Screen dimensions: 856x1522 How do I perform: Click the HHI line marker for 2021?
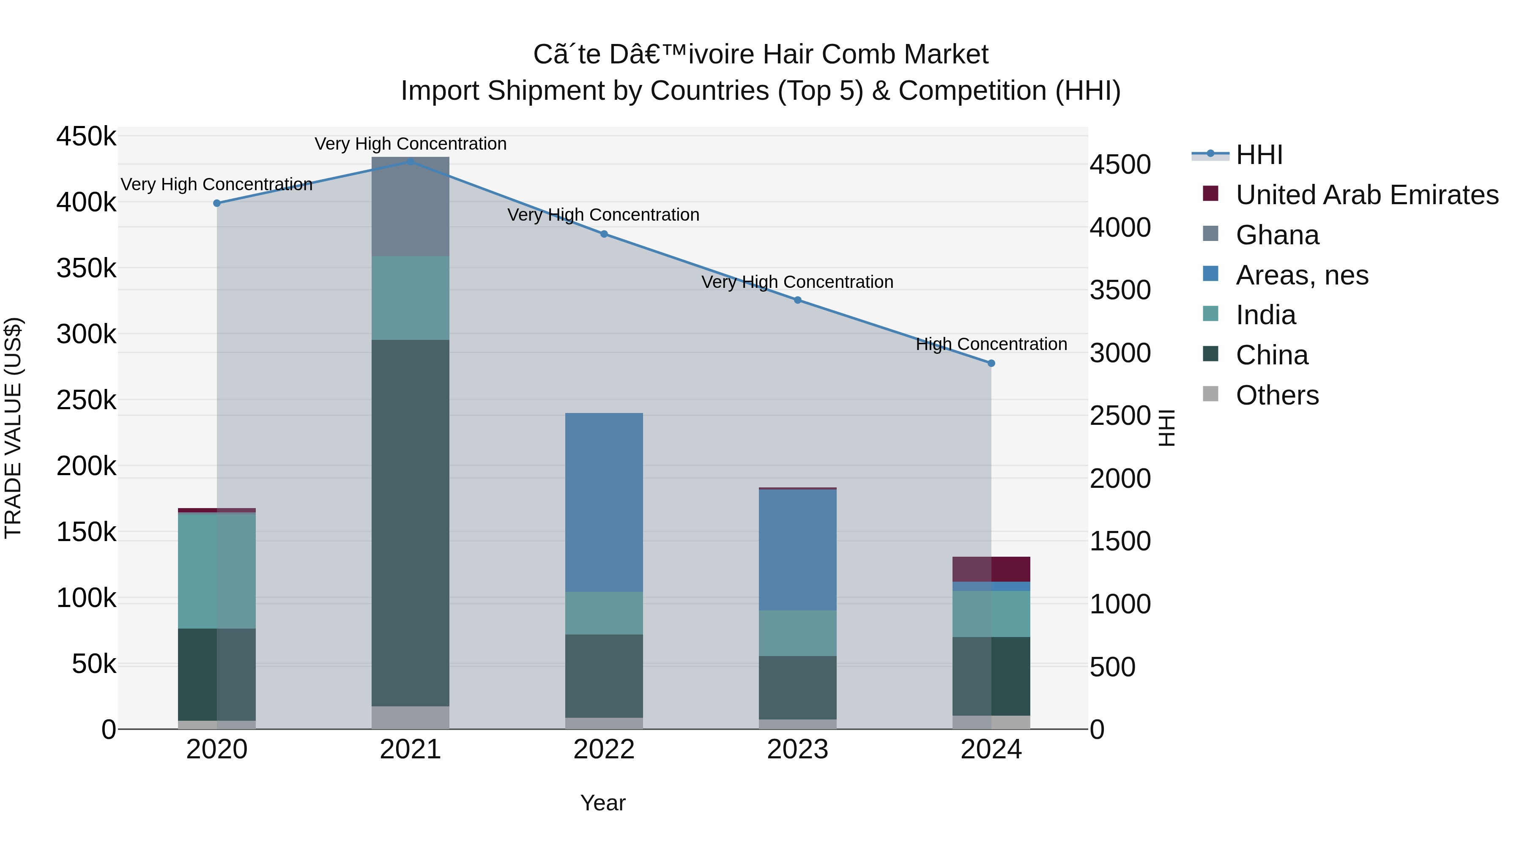click(x=410, y=161)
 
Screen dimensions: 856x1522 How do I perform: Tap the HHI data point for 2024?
click(x=991, y=363)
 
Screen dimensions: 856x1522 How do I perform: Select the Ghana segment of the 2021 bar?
click(x=410, y=207)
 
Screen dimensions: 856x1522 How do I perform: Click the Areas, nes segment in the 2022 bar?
click(x=604, y=502)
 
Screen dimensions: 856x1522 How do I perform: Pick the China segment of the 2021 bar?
click(x=410, y=523)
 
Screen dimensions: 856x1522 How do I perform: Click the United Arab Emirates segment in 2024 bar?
click(x=991, y=569)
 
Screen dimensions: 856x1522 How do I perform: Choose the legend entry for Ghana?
click(x=1277, y=235)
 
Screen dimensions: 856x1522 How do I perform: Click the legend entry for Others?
click(x=1277, y=395)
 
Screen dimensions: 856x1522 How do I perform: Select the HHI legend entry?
click(x=1259, y=155)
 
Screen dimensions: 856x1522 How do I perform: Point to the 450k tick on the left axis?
click(x=86, y=137)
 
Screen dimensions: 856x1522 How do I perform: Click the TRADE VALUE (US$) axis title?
click(x=13, y=428)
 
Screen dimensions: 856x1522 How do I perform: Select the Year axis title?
click(x=602, y=803)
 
